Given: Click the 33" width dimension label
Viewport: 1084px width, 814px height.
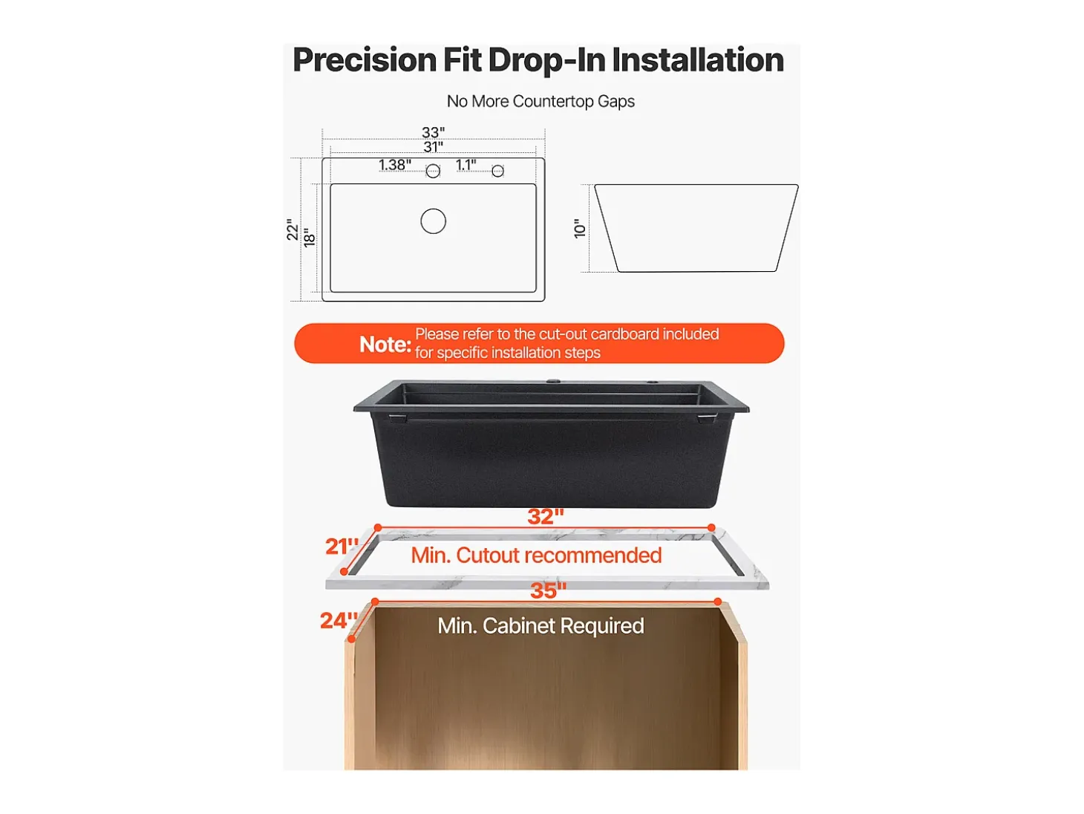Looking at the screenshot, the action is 433,132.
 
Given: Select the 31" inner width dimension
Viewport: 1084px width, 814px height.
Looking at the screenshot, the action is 433,147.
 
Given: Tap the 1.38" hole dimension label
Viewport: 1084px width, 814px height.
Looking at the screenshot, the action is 394,164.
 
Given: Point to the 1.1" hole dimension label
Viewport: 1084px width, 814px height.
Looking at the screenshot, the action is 466,164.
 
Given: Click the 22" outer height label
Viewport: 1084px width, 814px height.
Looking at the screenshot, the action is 293,229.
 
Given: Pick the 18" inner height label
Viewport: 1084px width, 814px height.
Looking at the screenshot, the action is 309,238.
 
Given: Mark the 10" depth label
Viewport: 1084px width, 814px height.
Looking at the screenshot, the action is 579,229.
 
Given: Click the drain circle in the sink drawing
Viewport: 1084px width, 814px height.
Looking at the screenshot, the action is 433,221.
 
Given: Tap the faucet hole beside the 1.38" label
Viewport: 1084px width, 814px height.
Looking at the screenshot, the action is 433,172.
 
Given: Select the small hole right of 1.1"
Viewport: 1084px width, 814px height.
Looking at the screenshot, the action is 497,172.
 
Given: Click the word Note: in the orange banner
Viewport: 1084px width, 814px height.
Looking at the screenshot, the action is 385,345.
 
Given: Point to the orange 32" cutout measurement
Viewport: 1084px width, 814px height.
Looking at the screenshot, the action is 545,517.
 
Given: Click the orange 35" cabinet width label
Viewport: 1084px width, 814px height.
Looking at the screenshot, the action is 548,590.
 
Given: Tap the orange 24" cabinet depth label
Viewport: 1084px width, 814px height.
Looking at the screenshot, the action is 339,621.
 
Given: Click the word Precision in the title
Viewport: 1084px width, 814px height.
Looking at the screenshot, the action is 365,60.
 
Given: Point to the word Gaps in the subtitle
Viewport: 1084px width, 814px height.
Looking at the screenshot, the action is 616,102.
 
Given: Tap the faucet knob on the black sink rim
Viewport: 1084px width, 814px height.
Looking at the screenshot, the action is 556,381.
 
